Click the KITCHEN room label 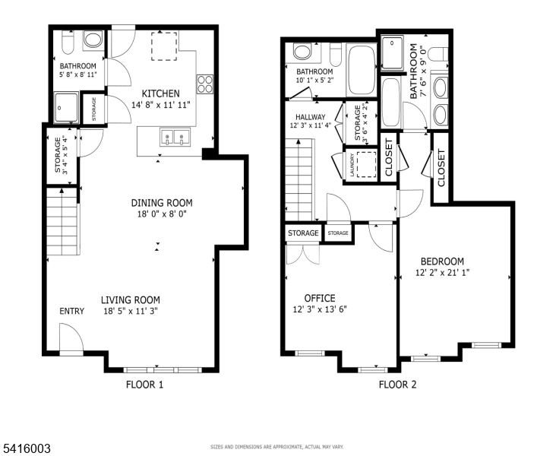[160, 93]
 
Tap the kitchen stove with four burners [205, 83]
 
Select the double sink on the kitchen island [175, 138]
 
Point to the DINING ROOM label [162, 203]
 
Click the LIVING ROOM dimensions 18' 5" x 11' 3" [131, 311]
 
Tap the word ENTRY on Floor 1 [72, 312]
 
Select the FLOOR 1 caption [144, 385]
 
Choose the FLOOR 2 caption [398, 385]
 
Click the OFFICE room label [320, 298]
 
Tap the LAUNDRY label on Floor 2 [352, 164]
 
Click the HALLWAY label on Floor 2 [310, 116]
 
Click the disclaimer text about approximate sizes [277, 447]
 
